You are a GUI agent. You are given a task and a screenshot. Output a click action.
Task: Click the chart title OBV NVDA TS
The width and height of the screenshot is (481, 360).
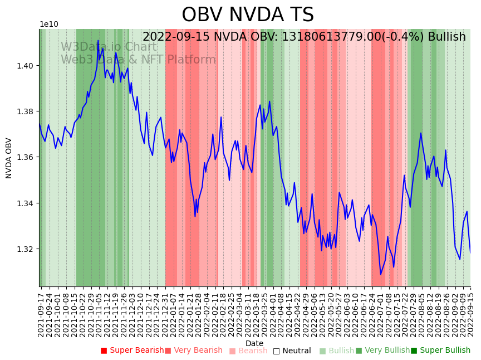click(x=248, y=15)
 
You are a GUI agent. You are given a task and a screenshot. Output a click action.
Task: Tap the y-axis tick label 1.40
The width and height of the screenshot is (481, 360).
click(x=26, y=66)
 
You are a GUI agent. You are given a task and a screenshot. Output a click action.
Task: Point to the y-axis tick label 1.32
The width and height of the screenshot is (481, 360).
click(x=26, y=249)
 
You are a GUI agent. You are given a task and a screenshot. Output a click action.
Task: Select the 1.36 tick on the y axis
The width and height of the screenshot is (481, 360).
click(x=26, y=157)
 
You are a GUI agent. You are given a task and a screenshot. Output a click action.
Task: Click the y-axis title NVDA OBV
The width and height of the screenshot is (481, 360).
click(x=9, y=158)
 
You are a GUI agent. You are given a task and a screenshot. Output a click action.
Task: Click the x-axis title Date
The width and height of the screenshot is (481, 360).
click(x=254, y=343)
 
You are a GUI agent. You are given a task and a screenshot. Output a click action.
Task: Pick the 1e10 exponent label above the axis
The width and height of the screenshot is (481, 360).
click(x=49, y=25)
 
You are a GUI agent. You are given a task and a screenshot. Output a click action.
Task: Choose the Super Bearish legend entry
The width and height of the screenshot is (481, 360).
click(x=132, y=351)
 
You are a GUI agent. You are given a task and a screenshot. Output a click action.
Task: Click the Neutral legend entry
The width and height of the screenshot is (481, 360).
click(x=292, y=351)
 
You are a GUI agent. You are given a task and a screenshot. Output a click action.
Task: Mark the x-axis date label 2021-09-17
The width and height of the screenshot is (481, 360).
click(x=41, y=314)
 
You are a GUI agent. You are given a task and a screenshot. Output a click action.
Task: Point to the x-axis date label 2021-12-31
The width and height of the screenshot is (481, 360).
click(x=165, y=314)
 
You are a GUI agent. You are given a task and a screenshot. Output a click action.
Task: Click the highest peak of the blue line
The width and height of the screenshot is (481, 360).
click(x=98, y=40)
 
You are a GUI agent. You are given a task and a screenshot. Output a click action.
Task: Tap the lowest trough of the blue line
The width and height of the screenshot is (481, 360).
click(x=381, y=274)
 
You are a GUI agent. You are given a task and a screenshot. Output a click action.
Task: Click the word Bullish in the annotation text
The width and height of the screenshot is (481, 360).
click(x=444, y=37)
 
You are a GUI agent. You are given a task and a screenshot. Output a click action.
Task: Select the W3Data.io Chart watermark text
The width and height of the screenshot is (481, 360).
click(x=109, y=47)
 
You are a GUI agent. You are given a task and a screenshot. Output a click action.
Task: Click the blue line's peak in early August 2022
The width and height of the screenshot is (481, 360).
click(x=421, y=133)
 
